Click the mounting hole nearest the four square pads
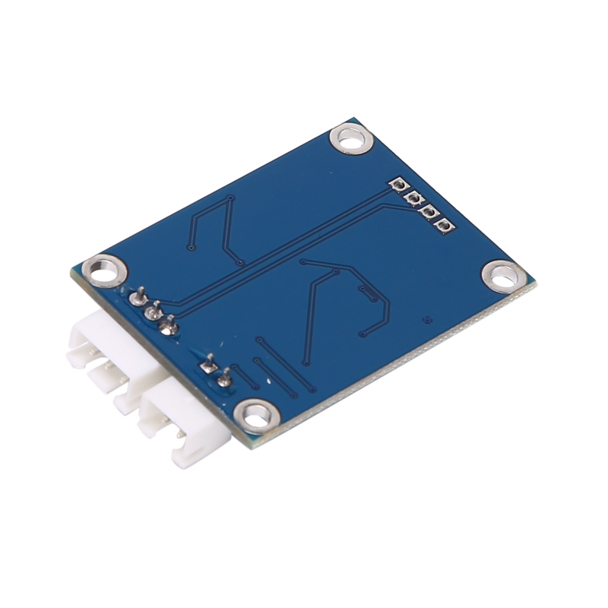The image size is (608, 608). coord(351,140)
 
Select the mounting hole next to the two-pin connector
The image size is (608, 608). coord(254,415)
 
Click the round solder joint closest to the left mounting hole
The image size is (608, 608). coord(138,296)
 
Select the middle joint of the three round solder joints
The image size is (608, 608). coord(153,310)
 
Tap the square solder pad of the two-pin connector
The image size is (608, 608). coord(206,366)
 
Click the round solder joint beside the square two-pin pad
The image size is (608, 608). coord(223,378)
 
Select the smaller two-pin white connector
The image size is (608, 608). coord(182,426)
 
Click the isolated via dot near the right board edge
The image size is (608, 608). coord(427,321)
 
